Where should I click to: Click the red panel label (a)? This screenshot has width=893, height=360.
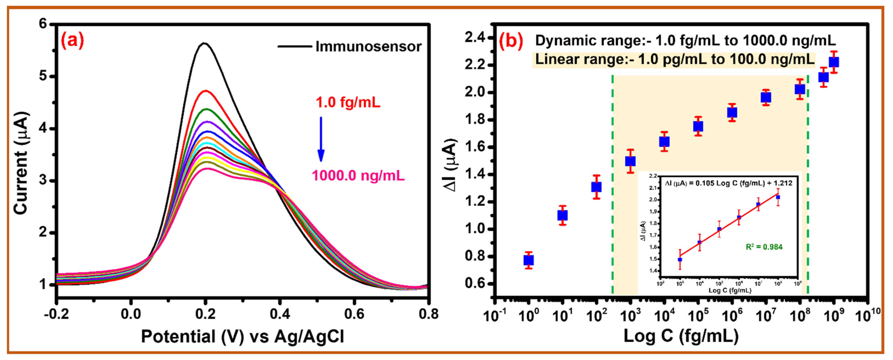[x=72, y=41]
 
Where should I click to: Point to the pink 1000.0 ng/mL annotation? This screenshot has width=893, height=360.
[x=358, y=176]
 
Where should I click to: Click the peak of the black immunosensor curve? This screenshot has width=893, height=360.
[x=204, y=43]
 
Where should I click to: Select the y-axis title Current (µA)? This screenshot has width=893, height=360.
[x=22, y=163]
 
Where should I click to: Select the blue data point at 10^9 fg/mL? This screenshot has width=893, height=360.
[x=834, y=62]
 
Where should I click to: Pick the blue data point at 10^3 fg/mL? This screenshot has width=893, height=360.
[x=630, y=161]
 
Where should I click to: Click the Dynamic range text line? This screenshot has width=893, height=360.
[x=685, y=41]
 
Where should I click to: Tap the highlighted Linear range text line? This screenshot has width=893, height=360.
[x=674, y=60]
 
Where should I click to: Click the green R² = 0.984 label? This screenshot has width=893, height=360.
[x=764, y=247]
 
